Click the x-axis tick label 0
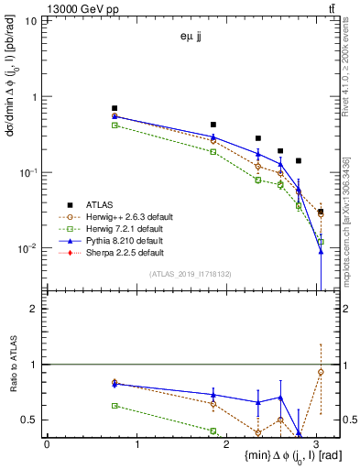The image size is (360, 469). tap(47, 442)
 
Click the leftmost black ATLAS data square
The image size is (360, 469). tap(115, 108)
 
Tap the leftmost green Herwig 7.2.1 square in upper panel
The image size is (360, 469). tap(115, 125)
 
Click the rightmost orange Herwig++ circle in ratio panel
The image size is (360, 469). tap(321, 372)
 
